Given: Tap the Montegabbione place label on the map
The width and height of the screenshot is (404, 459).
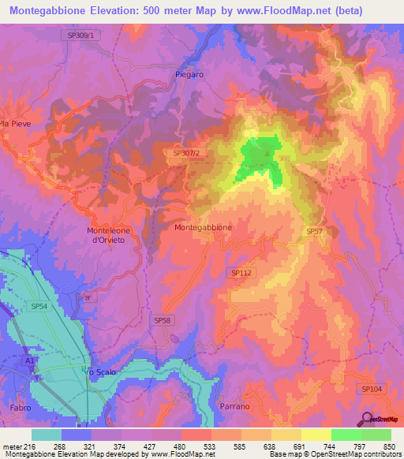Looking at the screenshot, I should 203,227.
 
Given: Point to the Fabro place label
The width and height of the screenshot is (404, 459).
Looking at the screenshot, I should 21,408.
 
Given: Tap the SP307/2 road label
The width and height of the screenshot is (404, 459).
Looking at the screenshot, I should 187,154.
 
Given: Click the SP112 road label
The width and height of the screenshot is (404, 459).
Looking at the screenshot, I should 241,272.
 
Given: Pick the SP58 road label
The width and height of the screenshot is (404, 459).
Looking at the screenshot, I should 161,319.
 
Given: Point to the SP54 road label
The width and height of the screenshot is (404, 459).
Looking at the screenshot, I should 39,305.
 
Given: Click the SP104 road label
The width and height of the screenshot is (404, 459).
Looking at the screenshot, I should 372,389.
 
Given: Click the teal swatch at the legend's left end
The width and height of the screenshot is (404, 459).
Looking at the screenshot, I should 47,434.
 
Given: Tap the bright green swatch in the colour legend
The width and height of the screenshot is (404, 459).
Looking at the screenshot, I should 346,434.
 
